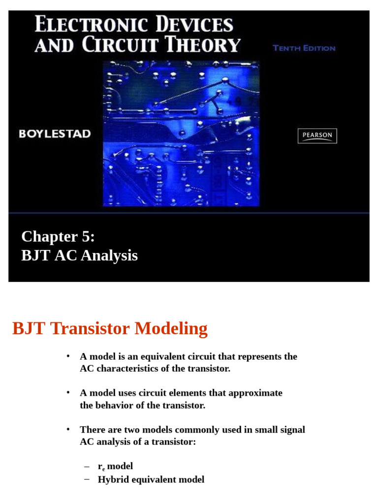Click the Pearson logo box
pyautogui.click(x=317, y=136)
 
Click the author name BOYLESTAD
pyautogui.click(x=55, y=134)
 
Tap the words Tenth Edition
pyautogui.click(x=304, y=48)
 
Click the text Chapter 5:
pyautogui.click(x=58, y=237)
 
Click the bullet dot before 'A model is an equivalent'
pyautogui.click(x=68, y=356)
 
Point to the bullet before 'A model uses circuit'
pyautogui.click(x=68, y=392)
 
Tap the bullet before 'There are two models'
pyautogui.click(x=68, y=429)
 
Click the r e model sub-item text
pyautogui.click(x=115, y=466)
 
